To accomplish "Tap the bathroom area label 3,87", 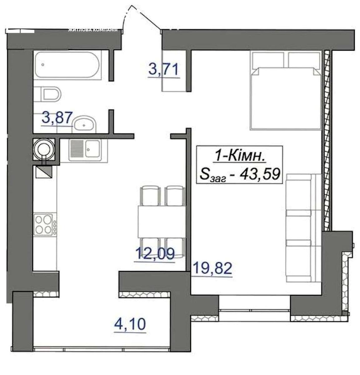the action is coord(57,117).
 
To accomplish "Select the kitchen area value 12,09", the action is coord(155,253).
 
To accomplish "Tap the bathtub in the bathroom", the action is coord(67,65).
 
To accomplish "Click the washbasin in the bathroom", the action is coord(84,124).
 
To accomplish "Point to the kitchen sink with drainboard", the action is coord(85,150).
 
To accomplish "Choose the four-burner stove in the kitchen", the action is coord(45,224).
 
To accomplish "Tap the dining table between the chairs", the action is coord(162,222).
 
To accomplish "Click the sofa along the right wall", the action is coord(303,228).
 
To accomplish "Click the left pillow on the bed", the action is coord(268,60).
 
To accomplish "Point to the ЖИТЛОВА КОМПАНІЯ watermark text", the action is coord(93,30).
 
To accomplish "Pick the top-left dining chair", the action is coord(150,196).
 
